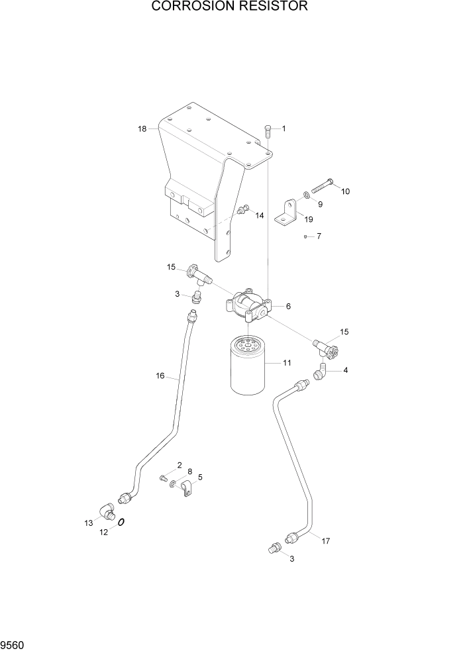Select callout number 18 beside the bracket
pyautogui.click(x=142, y=129)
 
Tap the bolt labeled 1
pyautogui.click(x=268, y=130)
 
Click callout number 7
pyautogui.click(x=319, y=236)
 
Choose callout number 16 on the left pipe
pyautogui.click(x=160, y=376)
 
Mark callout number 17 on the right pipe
pyautogui.click(x=325, y=541)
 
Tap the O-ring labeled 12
pyautogui.click(x=121, y=521)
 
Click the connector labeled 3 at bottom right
pyautogui.click(x=272, y=548)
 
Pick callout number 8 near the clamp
pyautogui.click(x=189, y=472)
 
